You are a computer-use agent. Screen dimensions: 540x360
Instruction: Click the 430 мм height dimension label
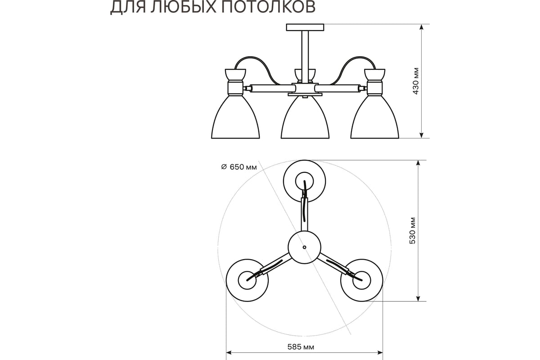(x=416, y=81)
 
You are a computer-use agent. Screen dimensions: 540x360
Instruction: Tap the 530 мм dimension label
(x=413, y=231)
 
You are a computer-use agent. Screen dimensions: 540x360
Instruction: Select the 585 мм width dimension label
(x=301, y=347)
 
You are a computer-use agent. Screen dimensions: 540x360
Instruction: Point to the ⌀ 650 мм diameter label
(x=239, y=167)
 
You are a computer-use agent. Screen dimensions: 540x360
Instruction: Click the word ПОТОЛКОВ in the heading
(x=268, y=6)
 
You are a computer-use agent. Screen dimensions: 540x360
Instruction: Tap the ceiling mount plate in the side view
(x=305, y=27)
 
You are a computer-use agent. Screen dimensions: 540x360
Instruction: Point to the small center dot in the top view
(x=305, y=247)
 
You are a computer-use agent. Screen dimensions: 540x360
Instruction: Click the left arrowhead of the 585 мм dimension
(x=229, y=353)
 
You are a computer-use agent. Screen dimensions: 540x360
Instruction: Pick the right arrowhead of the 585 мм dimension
(x=380, y=353)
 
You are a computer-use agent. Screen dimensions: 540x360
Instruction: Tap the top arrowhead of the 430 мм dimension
(x=421, y=27)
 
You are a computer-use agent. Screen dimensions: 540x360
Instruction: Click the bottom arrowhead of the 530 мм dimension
(x=418, y=298)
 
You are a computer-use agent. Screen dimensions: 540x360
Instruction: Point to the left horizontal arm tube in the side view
(x=271, y=88)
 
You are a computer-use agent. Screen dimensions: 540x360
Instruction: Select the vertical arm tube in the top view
(x=305, y=214)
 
